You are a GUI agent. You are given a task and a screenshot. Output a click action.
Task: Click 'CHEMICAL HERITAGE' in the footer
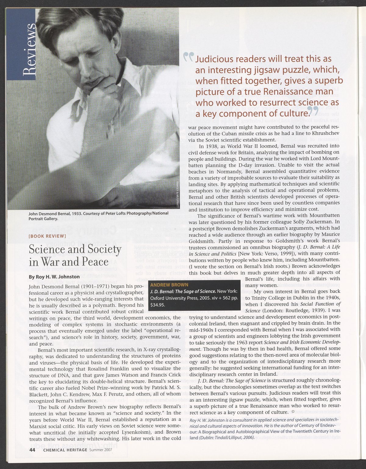coord(63,450)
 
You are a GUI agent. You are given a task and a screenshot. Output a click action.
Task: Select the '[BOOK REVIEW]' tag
coord(47,236)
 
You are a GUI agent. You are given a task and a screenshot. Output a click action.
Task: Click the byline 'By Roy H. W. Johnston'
coord(54,277)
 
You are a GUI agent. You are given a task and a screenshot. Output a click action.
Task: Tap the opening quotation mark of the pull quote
coord(189,57)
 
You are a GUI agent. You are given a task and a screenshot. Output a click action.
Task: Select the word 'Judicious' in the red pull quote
coord(214,59)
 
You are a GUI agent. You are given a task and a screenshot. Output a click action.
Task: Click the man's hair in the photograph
coord(79,21)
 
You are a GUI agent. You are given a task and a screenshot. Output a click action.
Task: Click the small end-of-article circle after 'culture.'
coord(293,412)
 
